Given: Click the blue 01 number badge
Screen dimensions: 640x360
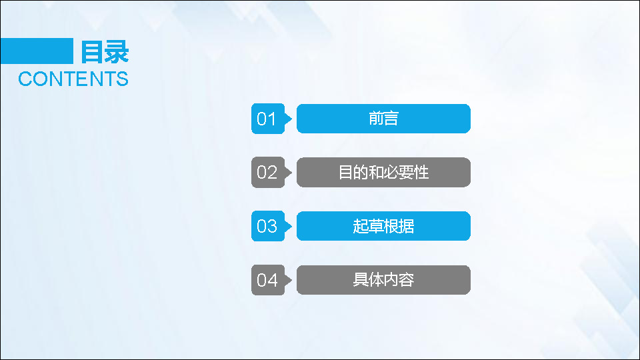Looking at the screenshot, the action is [268, 119].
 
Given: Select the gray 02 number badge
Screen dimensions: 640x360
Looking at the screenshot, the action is [268, 172].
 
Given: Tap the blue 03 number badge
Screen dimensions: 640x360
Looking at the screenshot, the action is [268, 226].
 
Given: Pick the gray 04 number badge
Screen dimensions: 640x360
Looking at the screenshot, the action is [268, 280].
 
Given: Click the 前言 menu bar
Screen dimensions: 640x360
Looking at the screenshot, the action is [384, 119].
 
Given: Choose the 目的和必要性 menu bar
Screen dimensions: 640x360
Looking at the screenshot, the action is [384, 172].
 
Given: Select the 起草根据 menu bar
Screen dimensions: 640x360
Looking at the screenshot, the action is [384, 226].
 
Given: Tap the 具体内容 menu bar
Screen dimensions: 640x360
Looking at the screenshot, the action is [384, 280].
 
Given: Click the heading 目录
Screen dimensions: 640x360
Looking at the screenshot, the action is [105, 52].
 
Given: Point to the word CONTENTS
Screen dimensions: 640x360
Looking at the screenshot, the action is [73, 79].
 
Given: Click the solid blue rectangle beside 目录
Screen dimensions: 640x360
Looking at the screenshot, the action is [37, 51].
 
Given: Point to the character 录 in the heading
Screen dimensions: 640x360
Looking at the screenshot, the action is [117, 52].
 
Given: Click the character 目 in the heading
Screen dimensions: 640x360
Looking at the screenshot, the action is [91, 52].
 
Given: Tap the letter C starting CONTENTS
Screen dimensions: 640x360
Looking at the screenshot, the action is [25, 79].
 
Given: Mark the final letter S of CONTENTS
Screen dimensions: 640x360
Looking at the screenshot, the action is [123, 79].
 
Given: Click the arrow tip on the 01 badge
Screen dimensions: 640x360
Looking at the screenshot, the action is [292, 119].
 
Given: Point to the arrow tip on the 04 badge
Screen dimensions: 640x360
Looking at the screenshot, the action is [292, 280].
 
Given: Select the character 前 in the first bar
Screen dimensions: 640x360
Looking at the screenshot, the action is [376, 119].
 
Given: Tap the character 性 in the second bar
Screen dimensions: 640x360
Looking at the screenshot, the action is [421, 172].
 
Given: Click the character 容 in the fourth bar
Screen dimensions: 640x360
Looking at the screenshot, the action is [407, 279].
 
